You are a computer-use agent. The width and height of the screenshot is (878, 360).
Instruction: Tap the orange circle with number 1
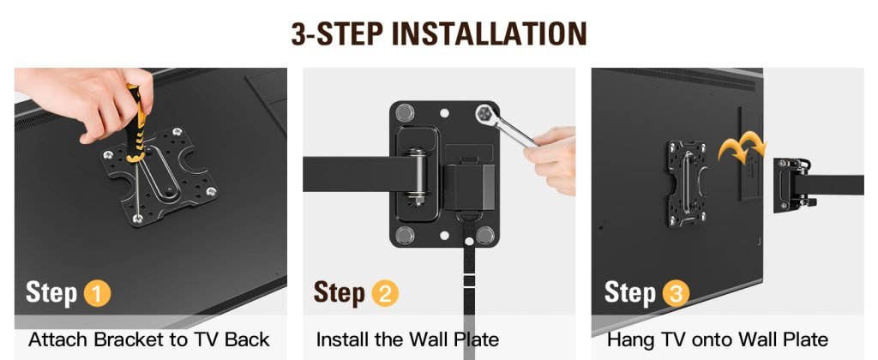[97, 294]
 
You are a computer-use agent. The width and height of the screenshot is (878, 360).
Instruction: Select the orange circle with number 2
[385, 294]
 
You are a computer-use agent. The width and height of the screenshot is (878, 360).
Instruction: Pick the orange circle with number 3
[676, 294]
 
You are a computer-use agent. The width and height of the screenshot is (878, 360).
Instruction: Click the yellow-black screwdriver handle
[135, 123]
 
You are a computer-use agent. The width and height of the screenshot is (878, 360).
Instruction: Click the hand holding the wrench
[551, 159]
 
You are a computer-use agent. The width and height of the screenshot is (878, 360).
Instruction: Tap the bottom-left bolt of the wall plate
[405, 235]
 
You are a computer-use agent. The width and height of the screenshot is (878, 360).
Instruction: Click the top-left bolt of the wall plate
[405, 112]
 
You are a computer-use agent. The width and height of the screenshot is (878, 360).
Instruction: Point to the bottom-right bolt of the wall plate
[485, 235]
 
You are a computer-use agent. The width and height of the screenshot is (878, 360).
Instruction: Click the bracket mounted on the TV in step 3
[687, 183]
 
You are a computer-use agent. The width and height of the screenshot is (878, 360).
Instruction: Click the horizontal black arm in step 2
[358, 174]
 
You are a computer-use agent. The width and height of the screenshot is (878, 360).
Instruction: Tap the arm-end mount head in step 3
[792, 185]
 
